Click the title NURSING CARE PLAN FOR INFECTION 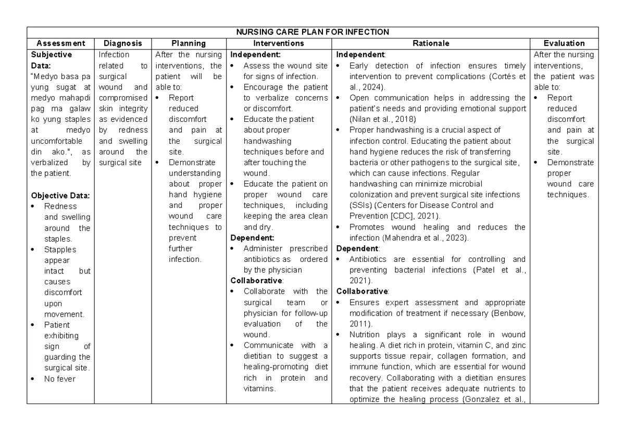click(x=312, y=32)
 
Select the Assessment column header click(x=60, y=43)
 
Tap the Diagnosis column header click(x=122, y=43)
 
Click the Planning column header click(x=189, y=43)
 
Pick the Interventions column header click(x=279, y=43)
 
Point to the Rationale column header click(x=431, y=43)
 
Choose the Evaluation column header click(x=564, y=43)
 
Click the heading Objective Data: click(x=60, y=196)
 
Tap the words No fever click(x=60, y=379)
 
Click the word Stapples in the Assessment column click(x=60, y=250)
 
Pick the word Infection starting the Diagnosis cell click(x=110, y=54)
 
